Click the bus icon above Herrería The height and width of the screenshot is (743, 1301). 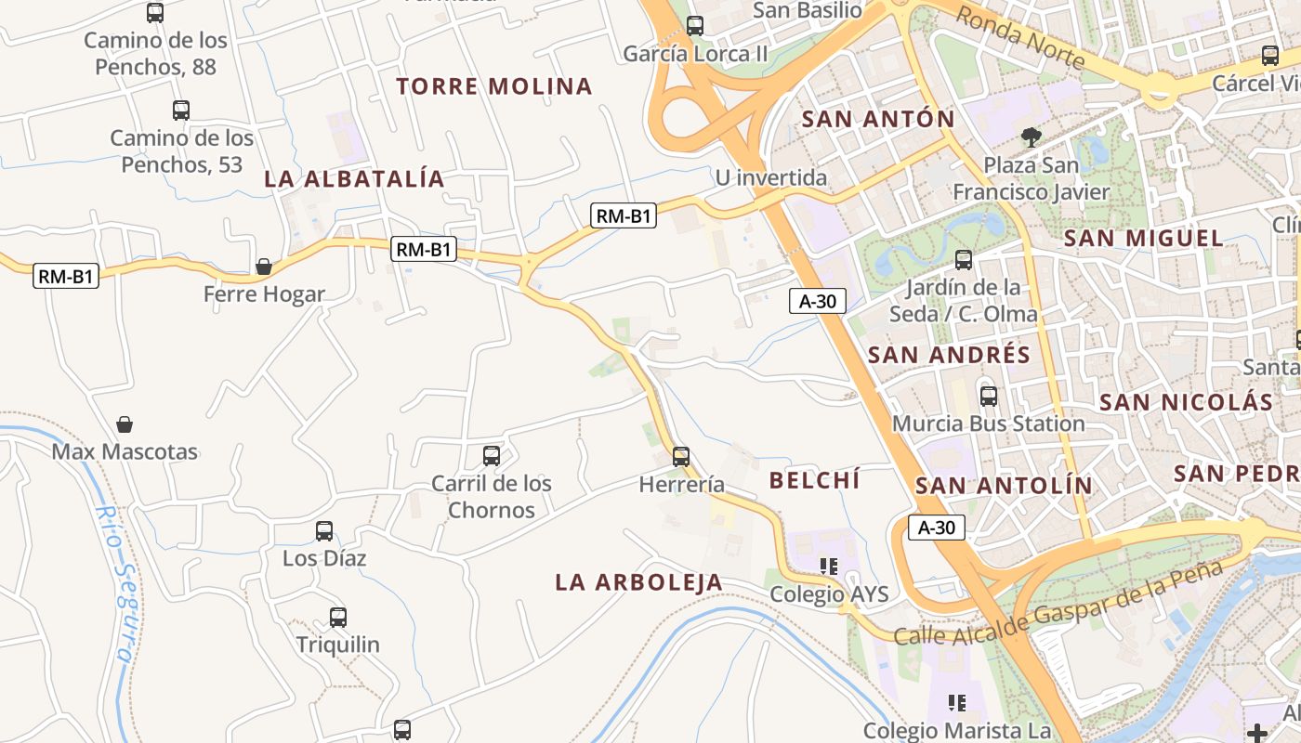pyautogui.click(x=681, y=456)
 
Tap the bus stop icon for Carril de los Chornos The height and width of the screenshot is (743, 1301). pyautogui.click(x=492, y=456)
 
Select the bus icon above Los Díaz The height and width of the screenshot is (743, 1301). pyautogui.click(x=324, y=531)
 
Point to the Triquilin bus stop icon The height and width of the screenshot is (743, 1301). pyautogui.click(x=338, y=618)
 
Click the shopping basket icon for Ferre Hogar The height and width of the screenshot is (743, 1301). pyautogui.click(x=264, y=267)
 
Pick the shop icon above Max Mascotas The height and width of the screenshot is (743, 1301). pyautogui.click(x=125, y=425)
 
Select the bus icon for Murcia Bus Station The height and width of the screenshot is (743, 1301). pyautogui.click(x=989, y=397)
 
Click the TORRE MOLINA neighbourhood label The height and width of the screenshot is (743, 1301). pyautogui.click(x=494, y=87)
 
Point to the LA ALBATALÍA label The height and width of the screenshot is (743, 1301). pyautogui.click(x=355, y=179)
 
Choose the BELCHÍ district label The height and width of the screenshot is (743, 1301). pyautogui.click(x=815, y=481)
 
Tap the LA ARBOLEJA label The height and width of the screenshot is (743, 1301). pyautogui.click(x=639, y=582)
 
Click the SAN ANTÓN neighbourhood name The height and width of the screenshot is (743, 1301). pyautogui.click(x=878, y=120)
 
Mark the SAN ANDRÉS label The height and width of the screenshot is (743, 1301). pyautogui.click(x=949, y=356)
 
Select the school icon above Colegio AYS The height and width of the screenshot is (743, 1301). pyautogui.click(x=829, y=566)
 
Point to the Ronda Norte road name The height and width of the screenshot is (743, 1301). pyautogui.click(x=1020, y=39)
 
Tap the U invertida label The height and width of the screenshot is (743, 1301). pyautogui.click(x=771, y=177)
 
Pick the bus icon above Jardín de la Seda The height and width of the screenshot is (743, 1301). pyautogui.click(x=964, y=260)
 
